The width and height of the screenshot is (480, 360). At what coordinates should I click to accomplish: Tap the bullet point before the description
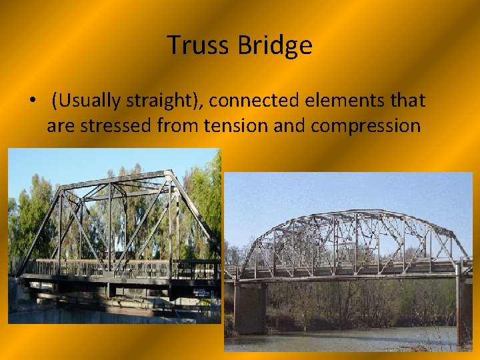click(x=32, y=101)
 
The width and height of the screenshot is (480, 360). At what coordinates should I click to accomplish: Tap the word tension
click(x=248, y=125)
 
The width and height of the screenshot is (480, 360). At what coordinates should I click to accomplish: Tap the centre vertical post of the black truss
click(x=110, y=227)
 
